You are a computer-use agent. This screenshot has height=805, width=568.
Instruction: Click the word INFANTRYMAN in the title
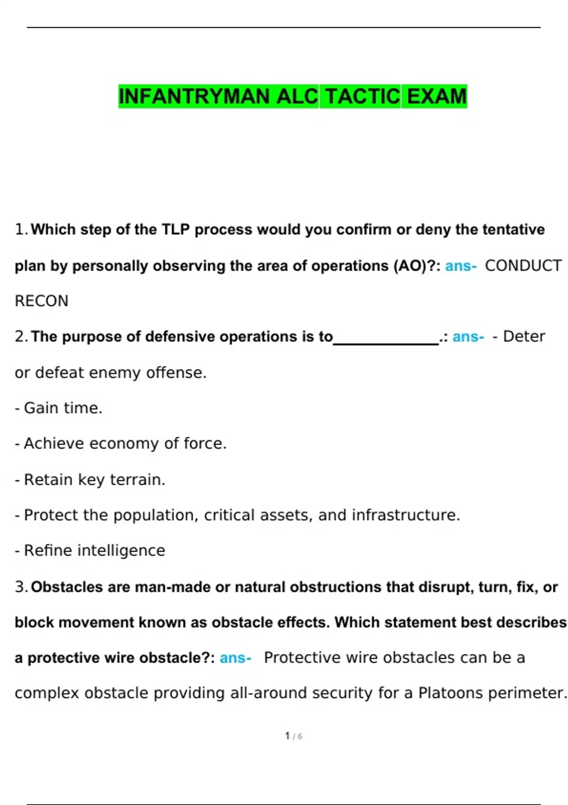[194, 97]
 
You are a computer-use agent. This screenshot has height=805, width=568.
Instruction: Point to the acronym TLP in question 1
[176, 230]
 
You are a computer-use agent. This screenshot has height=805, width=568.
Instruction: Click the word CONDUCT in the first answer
[523, 266]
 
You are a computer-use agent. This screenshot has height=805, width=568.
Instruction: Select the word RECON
[42, 301]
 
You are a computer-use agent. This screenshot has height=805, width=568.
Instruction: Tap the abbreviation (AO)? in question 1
[415, 266]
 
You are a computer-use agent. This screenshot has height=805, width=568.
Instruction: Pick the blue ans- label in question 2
[468, 337]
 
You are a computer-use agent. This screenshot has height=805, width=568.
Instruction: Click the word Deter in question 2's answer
[524, 337]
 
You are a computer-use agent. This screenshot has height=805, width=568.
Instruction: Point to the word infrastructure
[405, 515]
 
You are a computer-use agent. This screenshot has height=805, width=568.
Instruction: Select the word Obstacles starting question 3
[67, 587]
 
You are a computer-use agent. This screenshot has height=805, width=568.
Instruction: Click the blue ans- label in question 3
[235, 658]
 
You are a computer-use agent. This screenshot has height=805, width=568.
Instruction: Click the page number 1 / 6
[293, 736]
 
